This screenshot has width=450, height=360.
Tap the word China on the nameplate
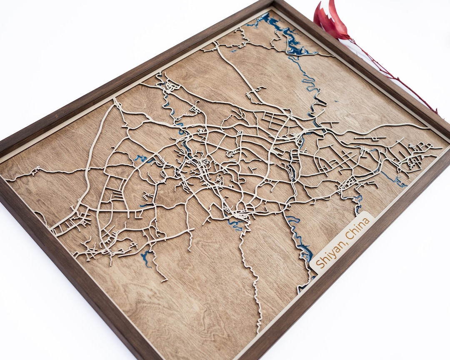[357, 230]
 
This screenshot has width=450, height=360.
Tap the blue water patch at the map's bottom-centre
[236, 225]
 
